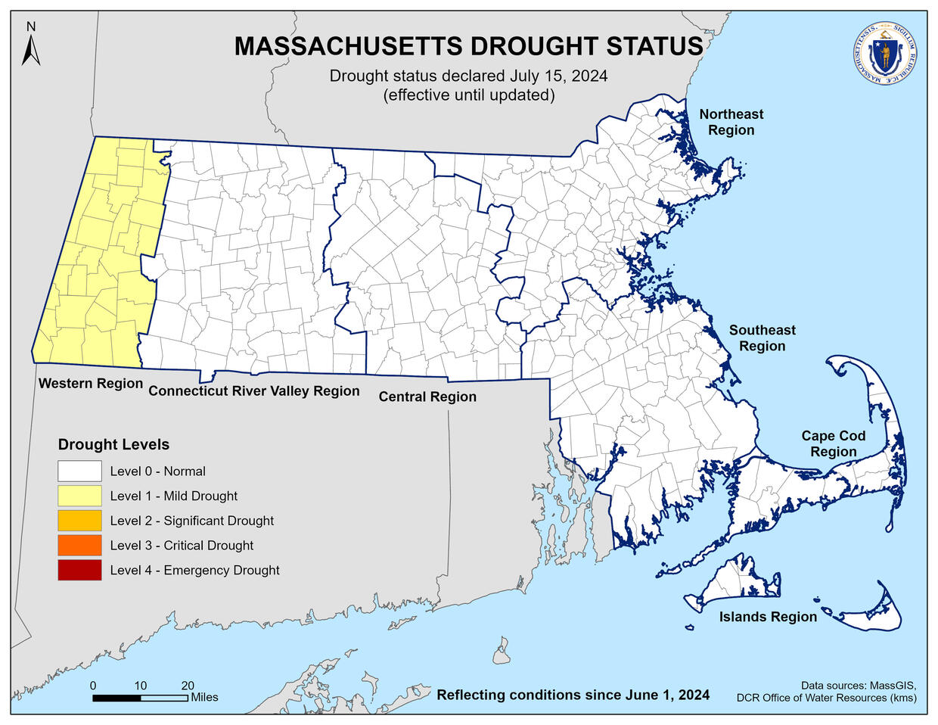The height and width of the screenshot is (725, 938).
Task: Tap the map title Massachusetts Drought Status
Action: coord(468,46)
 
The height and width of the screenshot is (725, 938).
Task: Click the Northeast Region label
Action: coord(731,122)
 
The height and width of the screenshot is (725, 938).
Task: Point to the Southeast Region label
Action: coord(762,338)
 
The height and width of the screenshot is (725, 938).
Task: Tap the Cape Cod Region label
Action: coord(833,443)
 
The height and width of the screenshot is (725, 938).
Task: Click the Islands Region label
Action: coord(768,617)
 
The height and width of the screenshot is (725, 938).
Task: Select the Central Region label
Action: coord(427,397)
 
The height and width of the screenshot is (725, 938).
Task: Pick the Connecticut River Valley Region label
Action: coord(253,391)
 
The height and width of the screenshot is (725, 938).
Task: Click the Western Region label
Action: coord(91,383)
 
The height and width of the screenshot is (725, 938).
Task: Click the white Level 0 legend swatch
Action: coord(79,471)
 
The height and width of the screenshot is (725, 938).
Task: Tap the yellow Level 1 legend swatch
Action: coord(79,496)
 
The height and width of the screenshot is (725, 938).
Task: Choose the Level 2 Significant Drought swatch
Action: coord(79,521)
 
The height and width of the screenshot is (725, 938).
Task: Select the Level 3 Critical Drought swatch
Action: coord(79,546)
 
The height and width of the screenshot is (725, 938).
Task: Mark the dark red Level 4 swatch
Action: coord(79,570)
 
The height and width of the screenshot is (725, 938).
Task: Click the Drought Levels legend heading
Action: coord(113,444)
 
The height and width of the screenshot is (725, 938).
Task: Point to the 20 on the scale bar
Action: coord(188,686)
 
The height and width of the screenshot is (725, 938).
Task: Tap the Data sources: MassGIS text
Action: coord(859,684)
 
